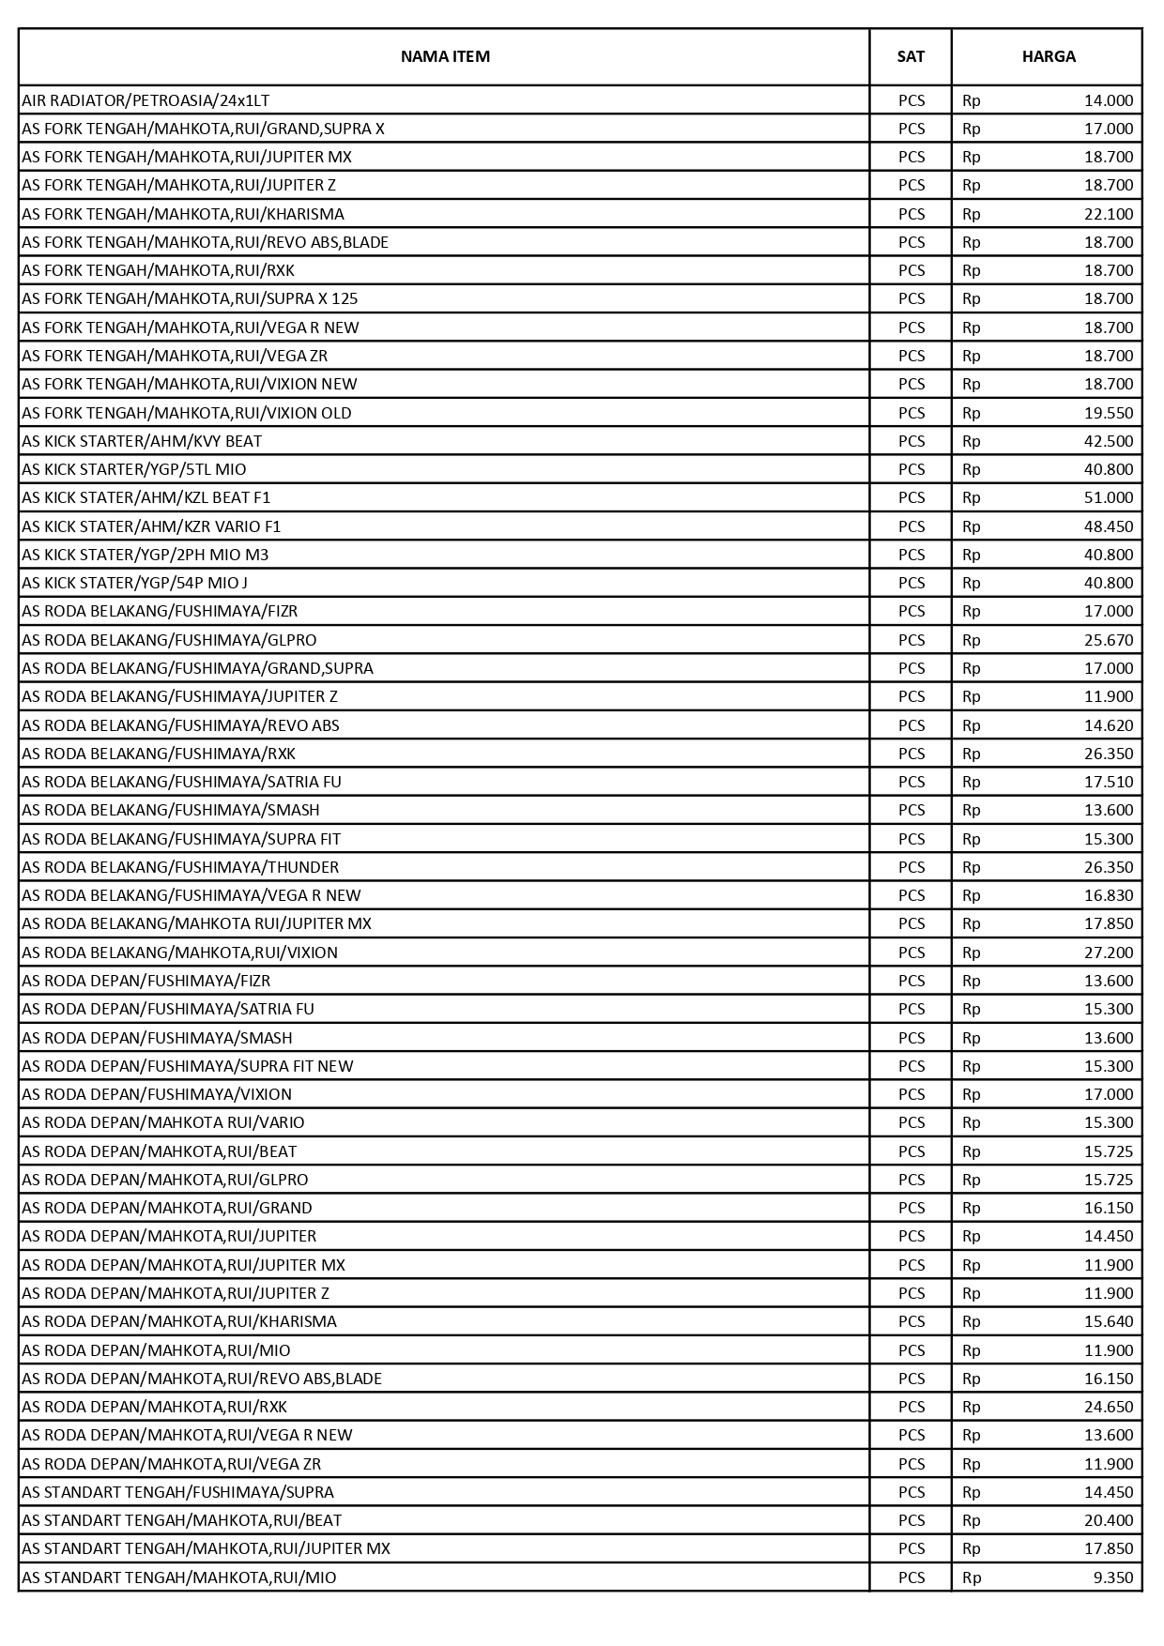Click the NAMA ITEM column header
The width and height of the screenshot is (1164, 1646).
click(x=445, y=56)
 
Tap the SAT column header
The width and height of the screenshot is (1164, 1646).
click(x=911, y=56)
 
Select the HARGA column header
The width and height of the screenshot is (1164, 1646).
click(x=1049, y=56)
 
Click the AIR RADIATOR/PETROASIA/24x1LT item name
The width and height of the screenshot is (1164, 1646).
click(x=145, y=100)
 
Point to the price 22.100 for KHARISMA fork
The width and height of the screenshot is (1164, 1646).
click(x=1109, y=214)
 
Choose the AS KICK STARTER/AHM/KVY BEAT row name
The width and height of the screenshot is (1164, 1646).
click(x=142, y=441)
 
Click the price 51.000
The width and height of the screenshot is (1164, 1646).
click(x=1109, y=497)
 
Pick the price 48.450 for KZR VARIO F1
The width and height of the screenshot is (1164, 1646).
click(x=1109, y=526)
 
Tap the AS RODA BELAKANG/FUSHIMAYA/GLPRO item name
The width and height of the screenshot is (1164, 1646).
click(x=169, y=640)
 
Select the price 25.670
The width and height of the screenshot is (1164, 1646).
click(x=1109, y=640)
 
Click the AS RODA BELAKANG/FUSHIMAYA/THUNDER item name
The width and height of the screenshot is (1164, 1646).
click(x=180, y=867)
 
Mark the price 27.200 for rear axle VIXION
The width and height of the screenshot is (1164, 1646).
click(x=1109, y=953)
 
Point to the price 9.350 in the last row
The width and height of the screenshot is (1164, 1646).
click(x=1113, y=1577)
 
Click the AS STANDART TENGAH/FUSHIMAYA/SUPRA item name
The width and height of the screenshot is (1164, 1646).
click(x=177, y=1492)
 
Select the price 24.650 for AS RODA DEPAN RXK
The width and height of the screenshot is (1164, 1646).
click(x=1109, y=1407)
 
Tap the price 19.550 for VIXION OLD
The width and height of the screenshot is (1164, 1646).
click(x=1109, y=413)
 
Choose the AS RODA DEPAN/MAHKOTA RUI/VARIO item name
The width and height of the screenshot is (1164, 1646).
click(x=163, y=1122)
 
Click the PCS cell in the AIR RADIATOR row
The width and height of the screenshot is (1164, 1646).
click(x=911, y=100)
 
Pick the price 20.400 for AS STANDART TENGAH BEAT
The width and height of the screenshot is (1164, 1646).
click(x=1109, y=1520)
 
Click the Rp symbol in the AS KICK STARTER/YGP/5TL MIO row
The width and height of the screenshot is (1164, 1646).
click(x=972, y=469)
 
